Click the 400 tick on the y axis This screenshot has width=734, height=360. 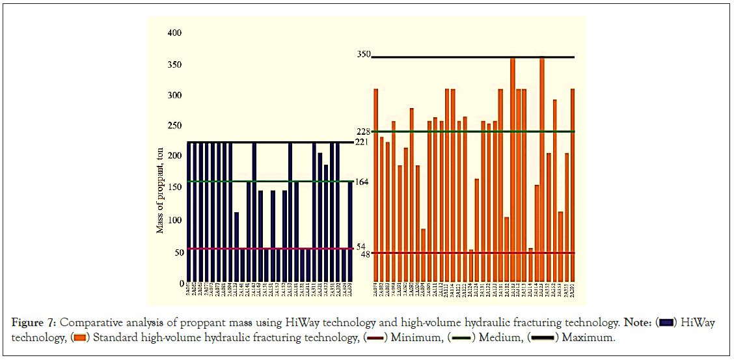175,33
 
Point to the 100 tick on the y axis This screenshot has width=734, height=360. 175,220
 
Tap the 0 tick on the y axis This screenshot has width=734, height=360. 181,284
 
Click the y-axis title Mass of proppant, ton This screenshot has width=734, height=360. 160,190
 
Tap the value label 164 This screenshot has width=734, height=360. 361,182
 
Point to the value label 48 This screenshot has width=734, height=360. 365,254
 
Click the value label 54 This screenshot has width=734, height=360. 361,247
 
